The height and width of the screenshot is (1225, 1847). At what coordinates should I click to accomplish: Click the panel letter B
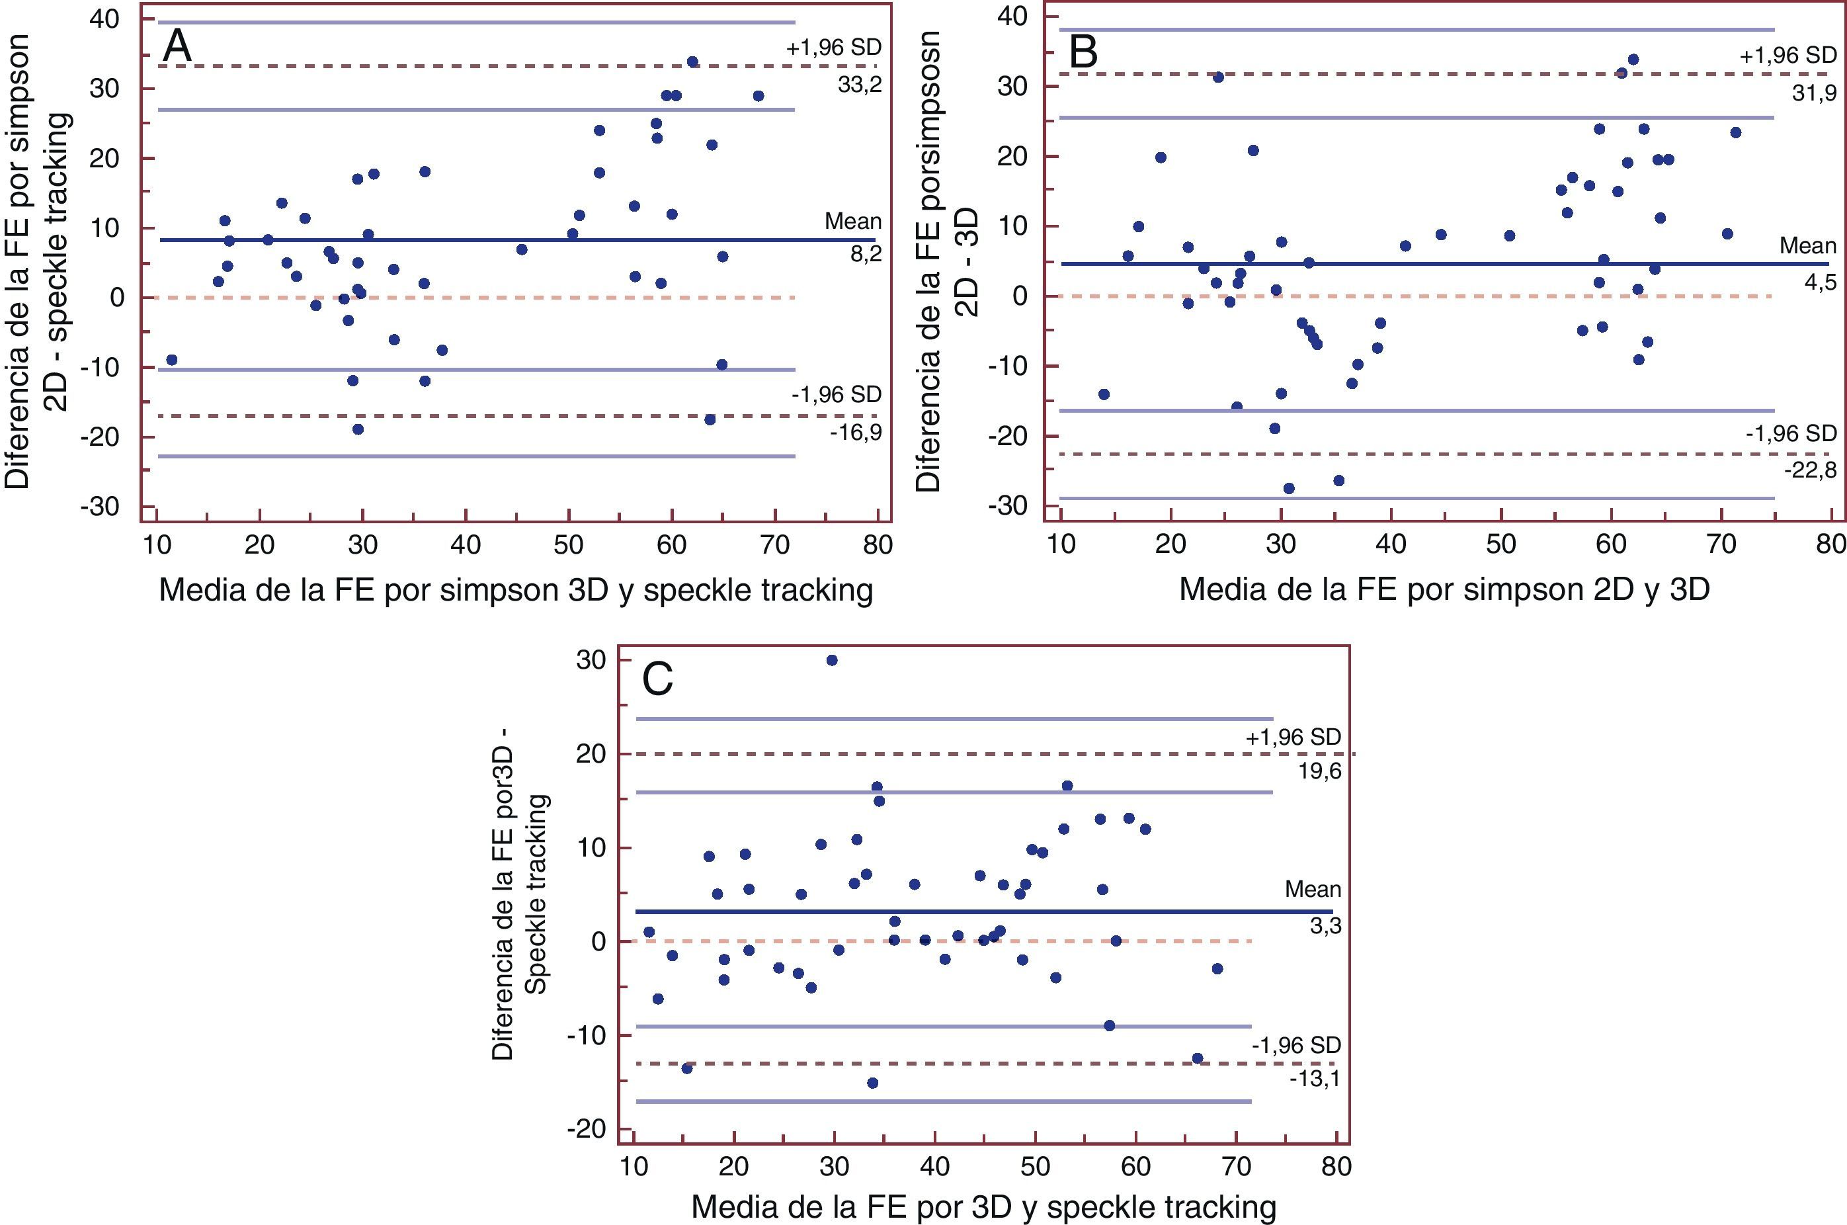click(x=1083, y=52)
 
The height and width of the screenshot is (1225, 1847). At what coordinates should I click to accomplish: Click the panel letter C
click(x=657, y=680)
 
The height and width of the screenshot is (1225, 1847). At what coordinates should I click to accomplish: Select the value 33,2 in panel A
click(x=859, y=85)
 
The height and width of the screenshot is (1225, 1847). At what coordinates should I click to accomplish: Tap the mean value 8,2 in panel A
click(x=866, y=255)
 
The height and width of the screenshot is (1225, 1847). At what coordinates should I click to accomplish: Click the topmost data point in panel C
click(x=832, y=660)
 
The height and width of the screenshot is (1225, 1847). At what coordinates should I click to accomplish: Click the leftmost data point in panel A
click(x=172, y=359)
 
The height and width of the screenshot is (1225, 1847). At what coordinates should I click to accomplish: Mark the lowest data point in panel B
click(x=1289, y=488)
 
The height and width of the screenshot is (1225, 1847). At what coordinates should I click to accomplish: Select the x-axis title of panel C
click(x=983, y=1207)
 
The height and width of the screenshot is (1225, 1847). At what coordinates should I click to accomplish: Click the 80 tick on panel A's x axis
click(x=877, y=544)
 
